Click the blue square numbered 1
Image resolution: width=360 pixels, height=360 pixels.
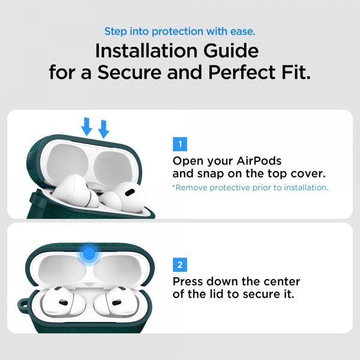pos(180,144)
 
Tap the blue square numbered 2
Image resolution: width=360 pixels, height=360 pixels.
pos(180,265)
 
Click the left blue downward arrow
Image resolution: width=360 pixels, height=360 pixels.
pos(86,127)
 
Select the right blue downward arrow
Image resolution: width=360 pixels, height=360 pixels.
pos(104,129)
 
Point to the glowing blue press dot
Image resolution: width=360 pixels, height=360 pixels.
pos(89,253)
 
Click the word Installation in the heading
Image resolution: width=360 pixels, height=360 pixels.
pos(146,51)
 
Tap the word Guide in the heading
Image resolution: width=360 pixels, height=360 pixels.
pos(231,51)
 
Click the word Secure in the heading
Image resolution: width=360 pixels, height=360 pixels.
pos(129,73)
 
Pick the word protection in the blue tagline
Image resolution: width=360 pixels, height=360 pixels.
pos(178,31)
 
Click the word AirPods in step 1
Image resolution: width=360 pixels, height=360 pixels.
pos(259,161)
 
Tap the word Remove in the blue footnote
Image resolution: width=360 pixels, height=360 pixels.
pos(190,188)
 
